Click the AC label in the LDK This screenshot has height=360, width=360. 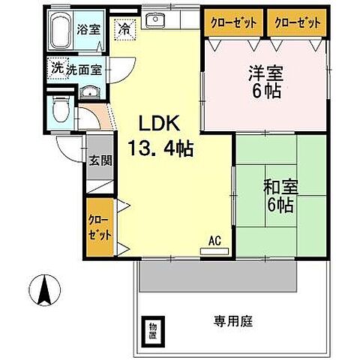(214, 241)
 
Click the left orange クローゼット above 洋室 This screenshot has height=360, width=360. (231, 22)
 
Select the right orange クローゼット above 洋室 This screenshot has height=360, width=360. (299, 22)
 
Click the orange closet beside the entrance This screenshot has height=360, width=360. (99, 228)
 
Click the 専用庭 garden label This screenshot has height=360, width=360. (232, 322)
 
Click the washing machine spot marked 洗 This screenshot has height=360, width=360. (57, 67)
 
